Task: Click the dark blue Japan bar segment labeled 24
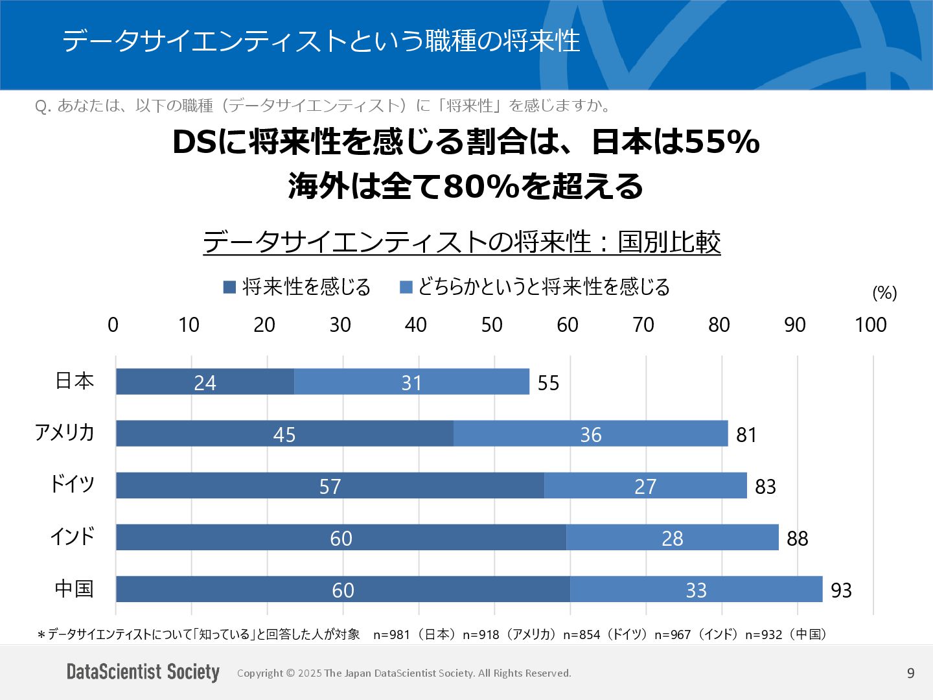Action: point(205,382)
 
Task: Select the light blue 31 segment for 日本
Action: point(411,382)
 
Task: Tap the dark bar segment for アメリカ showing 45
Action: point(284,434)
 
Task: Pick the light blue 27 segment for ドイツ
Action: point(645,485)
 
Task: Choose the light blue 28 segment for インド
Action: point(673,537)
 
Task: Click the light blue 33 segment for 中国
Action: point(696,589)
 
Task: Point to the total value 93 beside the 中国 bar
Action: point(841,590)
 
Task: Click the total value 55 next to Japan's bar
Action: point(548,382)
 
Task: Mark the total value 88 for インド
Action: point(797,538)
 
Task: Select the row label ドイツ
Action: point(73,484)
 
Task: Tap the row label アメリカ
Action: point(65,432)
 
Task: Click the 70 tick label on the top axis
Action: point(643,325)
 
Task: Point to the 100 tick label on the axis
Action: point(870,325)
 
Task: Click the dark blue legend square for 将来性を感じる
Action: point(229,287)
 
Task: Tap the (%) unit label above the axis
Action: point(884,293)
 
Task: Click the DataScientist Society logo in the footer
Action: point(143,672)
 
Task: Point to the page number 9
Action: point(910,673)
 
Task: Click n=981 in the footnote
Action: point(391,635)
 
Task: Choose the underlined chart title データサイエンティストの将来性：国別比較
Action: point(461,242)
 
